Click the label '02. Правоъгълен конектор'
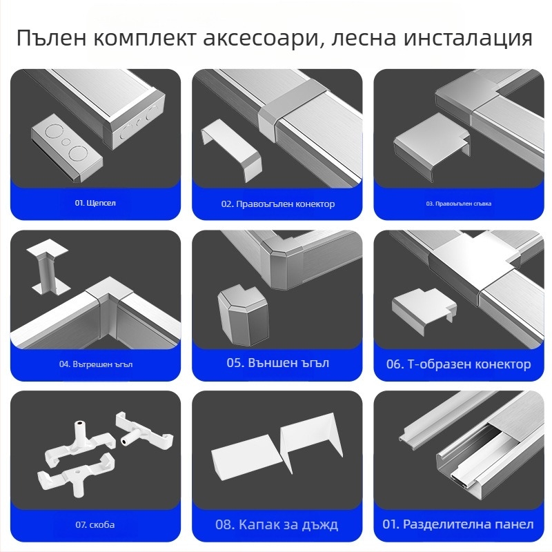[x=277, y=204]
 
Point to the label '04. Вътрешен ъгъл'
[x=96, y=364]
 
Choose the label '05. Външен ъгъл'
[x=277, y=363]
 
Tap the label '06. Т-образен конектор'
[x=458, y=364]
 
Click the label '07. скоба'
[x=95, y=524]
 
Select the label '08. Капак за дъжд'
[x=277, y=524]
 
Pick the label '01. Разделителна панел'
[x=459, y=524]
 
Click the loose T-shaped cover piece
[x=422, y=306]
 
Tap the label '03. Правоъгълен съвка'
[x=458, y=204]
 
